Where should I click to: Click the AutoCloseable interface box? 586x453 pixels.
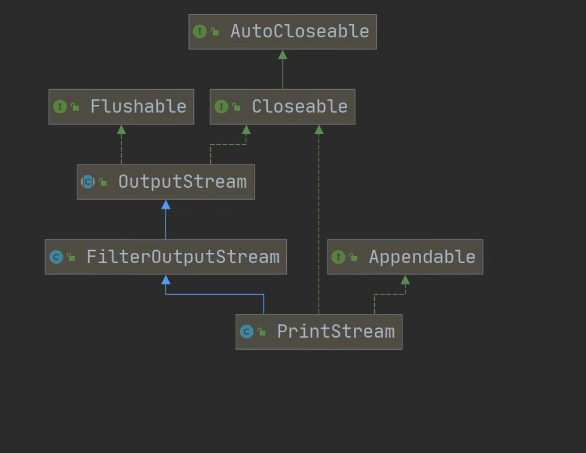click(283, 32)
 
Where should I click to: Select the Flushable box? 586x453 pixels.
click(121, 107)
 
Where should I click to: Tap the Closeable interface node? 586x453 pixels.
click(283, 107)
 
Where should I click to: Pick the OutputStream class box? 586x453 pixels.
click(166, 182)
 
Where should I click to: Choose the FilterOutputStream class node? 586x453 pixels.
click(166, 257)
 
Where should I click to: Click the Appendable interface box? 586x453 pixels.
click(405, 257)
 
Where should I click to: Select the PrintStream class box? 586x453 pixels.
click(319, 332)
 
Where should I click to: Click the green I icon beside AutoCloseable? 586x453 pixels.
click(200, 32)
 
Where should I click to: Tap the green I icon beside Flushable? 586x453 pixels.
click(60, 107)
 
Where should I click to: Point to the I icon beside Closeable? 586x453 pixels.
click(221, 107)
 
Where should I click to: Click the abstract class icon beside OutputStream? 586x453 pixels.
click(88, 182)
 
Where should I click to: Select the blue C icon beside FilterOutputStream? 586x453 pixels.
click(56, 257)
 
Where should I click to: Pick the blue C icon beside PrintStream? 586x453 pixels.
click(246, 332)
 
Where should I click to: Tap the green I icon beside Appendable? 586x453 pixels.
click(338, 257)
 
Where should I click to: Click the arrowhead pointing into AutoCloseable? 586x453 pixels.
click(283, 55)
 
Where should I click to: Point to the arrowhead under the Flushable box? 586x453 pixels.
click(121, 130)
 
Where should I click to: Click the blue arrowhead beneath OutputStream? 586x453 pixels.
click(166, 205)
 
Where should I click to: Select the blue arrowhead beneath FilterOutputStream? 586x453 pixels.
click(166, 280)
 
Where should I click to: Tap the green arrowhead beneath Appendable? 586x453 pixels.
click(405, 280)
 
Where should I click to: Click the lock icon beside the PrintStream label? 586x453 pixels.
click(262, 332)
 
